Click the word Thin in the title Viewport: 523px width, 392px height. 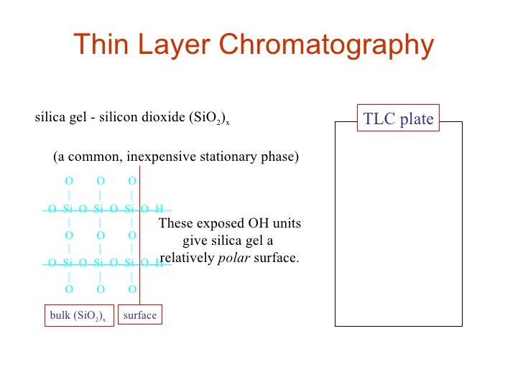pyautogui.click(x=101, y=45)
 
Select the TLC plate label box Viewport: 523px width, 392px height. pyautogui.click(x=399, y=119)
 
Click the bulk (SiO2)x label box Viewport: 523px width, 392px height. pyautogui.click(x=78, y=316)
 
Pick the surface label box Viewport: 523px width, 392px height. pyautogui.click(x=139, y=315)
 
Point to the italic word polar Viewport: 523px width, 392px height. pyautogui.click(x=231, y=258)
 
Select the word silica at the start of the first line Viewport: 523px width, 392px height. pyautogui.click(x=48, y=118)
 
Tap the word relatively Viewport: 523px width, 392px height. pyautogui.click(x=187, y=258)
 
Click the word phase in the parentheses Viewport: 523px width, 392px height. pyautogui.click(x=279, y=157)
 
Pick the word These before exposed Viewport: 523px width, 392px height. pyautogui.click(x=176, y=224)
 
